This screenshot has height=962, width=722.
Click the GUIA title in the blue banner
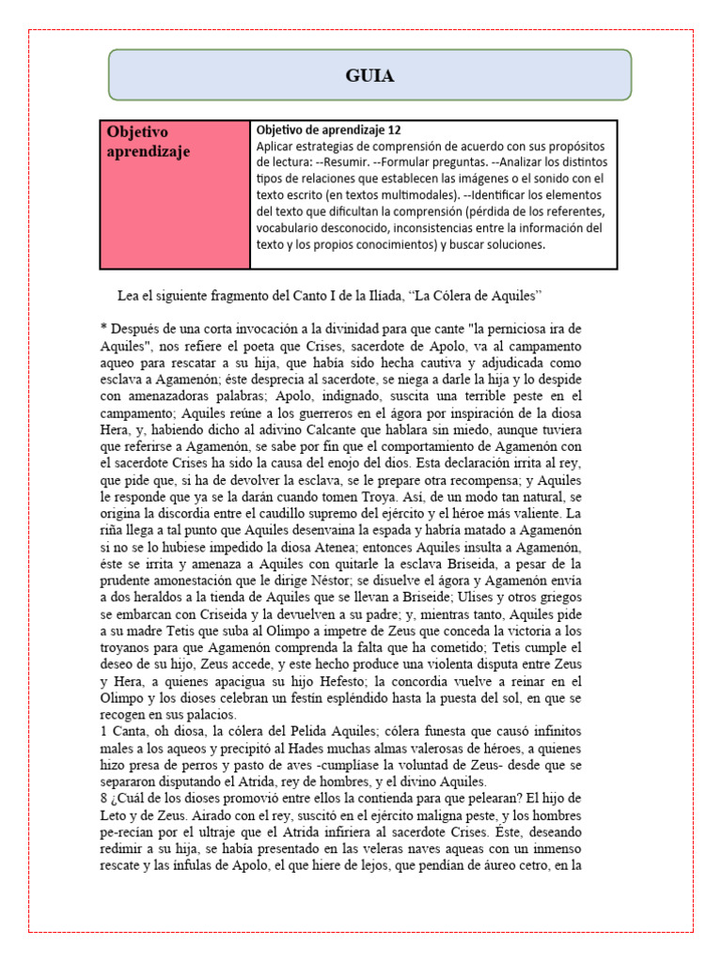[369, 76]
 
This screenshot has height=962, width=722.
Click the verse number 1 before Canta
[102, 731]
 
